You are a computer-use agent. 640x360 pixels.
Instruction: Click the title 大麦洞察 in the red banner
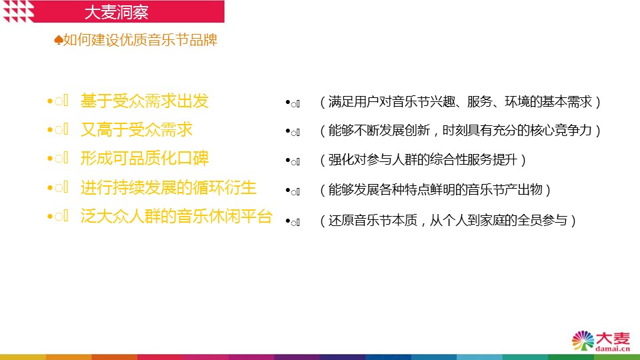pos(116,12)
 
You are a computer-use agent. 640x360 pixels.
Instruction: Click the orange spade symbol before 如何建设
pos(59,40)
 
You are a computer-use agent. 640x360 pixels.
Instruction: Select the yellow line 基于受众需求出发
pos(145,101)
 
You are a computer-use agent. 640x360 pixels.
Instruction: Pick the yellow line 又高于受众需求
pos(136,130)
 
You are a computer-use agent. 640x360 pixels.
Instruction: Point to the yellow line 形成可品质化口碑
pos(145,159)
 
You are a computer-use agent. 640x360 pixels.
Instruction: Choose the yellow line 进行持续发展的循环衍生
pos(168,188)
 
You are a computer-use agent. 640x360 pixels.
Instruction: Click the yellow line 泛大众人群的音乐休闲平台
pos(176,216)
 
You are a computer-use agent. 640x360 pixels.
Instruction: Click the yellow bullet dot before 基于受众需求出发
pos(50,101)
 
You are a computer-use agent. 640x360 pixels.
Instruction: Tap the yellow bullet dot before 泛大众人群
pos(50,217)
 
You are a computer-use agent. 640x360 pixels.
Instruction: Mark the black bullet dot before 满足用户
pos(288,102)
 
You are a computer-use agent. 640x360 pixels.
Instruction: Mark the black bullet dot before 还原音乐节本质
pos(288,221)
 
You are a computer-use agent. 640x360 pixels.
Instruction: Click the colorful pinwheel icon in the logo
pos(583,341)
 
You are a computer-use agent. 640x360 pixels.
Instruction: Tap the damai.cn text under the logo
pos(612,349)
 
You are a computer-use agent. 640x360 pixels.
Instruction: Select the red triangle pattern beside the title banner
pos(18,11)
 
